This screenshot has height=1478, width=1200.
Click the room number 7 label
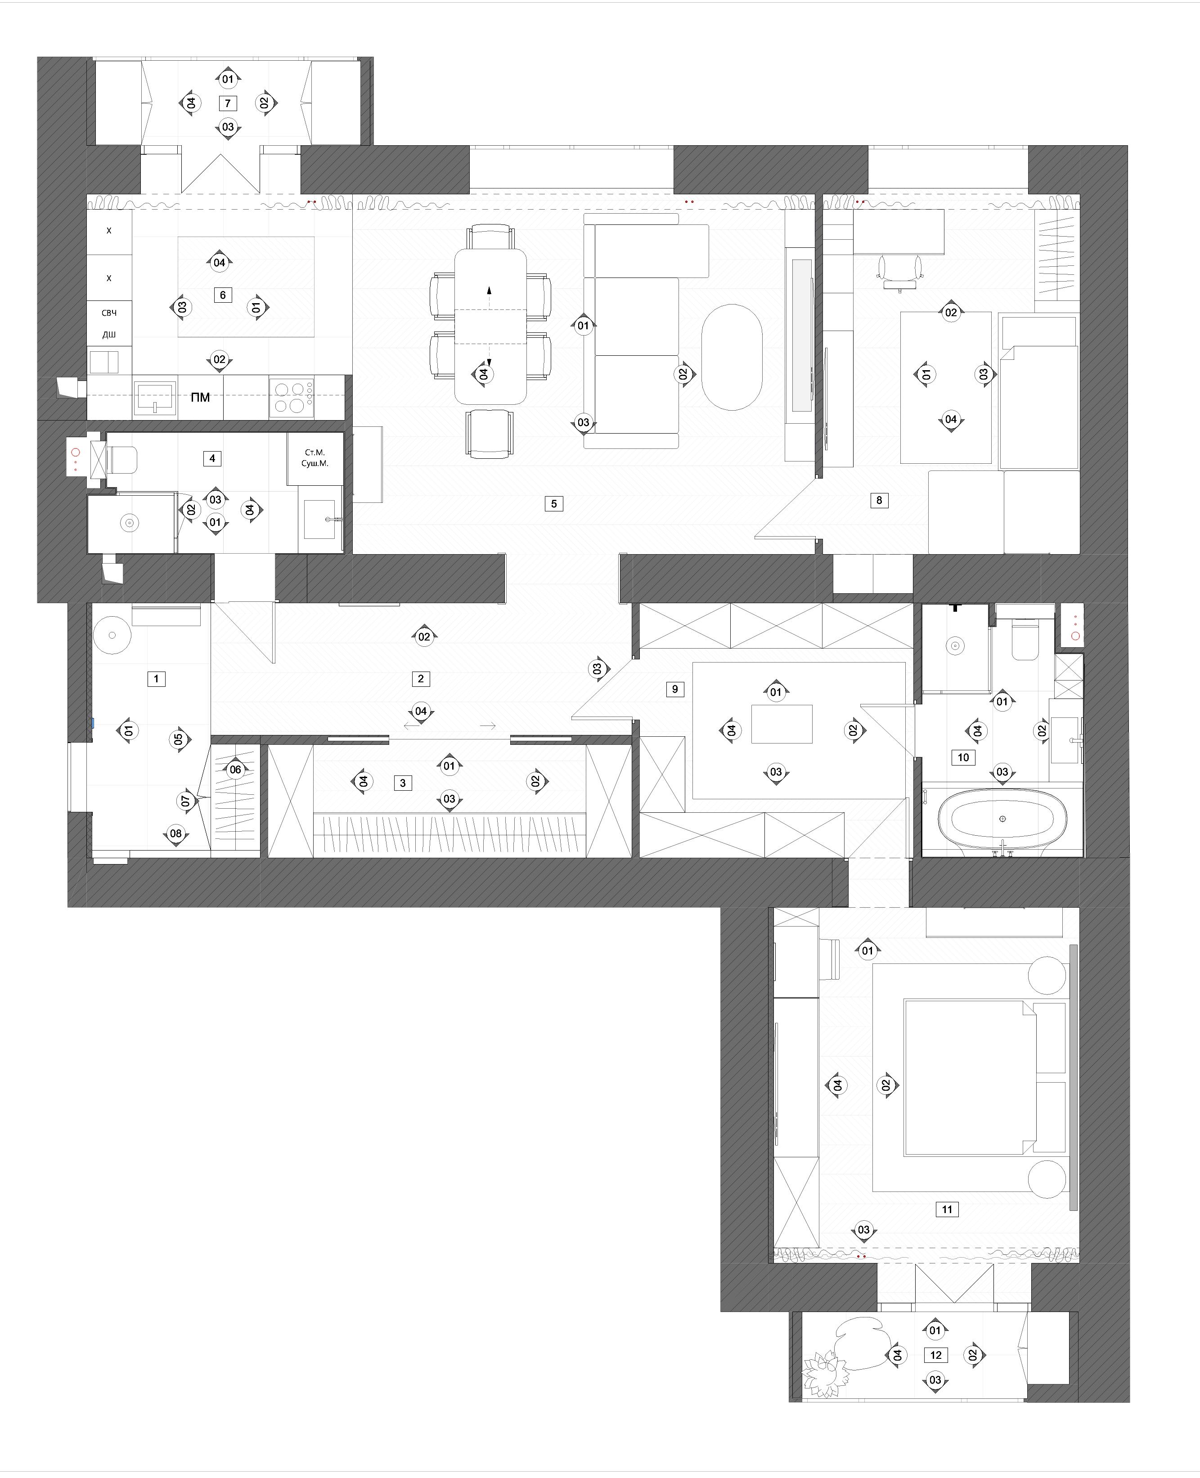tap(227, 103)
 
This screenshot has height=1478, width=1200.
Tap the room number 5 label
tap(554, 504)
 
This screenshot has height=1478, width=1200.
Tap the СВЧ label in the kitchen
tap(109, 313)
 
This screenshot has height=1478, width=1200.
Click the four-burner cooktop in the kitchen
tap(291, 397)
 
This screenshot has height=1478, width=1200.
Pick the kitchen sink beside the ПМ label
tap(155, 397)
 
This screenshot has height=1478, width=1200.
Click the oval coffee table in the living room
tap(732, 357)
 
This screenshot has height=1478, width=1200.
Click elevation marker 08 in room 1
tap(176, 833)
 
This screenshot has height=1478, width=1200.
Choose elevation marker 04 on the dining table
tap(483, 374)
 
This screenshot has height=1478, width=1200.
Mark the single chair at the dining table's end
tap(490, 433)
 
